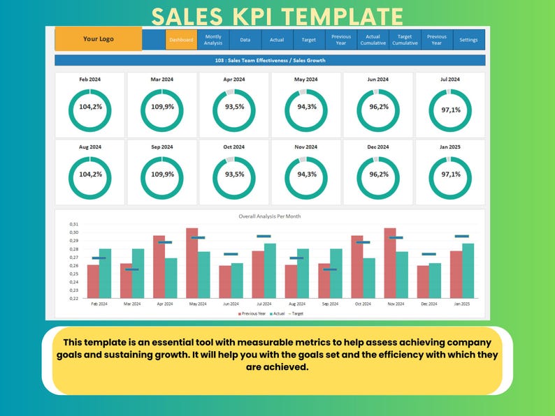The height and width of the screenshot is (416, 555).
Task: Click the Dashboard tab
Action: (181, 40)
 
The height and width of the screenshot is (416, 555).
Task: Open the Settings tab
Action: (468, 40)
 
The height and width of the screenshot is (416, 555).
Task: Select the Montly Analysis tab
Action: (213, 40)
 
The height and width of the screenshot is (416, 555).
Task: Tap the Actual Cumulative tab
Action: (373, 40)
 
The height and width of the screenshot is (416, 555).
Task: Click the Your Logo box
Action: (99, 39)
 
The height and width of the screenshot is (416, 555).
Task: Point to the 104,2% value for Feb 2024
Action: (89, 107)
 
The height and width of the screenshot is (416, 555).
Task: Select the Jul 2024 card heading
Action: (449, 80)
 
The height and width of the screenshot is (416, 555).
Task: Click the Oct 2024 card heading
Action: (234, 147)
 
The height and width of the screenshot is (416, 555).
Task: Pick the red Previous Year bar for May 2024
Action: (192, 263)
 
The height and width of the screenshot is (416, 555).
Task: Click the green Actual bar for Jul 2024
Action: (270, 271)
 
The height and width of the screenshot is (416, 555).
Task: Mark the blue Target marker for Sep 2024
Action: (330, 269)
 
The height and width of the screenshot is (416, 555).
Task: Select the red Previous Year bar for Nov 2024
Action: (390, 263)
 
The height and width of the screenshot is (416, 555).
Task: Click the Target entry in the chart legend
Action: (296, 313)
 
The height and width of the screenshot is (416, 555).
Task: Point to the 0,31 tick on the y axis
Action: (74, 224)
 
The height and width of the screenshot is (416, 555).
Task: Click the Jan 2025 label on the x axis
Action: (461, 304)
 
